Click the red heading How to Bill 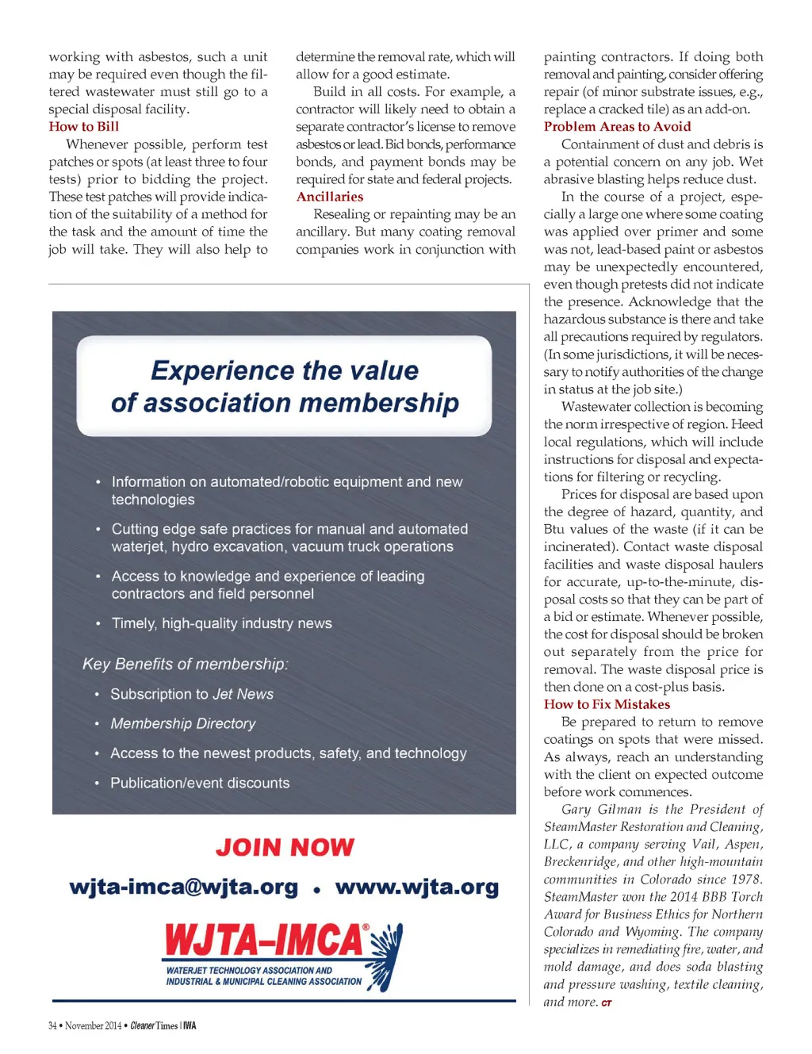click(84, 126)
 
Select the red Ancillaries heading click(330, 197)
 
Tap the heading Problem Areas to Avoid click(617, 126)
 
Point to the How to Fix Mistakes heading click(607, 704)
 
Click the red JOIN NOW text click(285, 847)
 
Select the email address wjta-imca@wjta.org click(183, 887)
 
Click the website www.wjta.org click(417, 887)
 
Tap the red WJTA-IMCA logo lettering click(264, 941)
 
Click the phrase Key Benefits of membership click(185, 664)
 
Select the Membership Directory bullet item click(183, 723)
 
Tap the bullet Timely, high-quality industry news click(221, 623)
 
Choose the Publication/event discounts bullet click(200, 783)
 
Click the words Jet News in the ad click(243, 694)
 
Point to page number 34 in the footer click(52, 1025)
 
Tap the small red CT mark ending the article click(607, 1003)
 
